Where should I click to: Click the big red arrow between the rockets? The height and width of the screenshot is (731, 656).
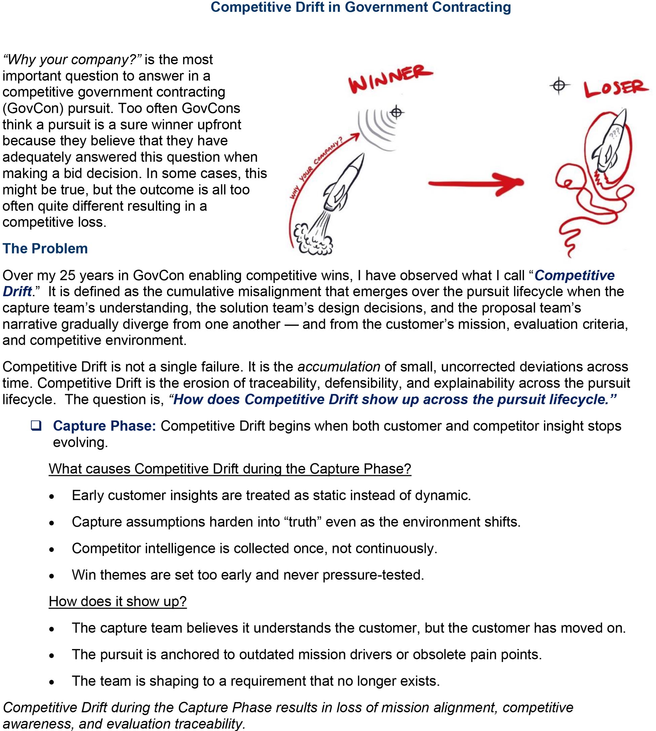pyautogui.click(x=476, y=184)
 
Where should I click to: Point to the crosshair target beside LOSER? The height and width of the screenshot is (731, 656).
pyautogui.click(x=559, y=86)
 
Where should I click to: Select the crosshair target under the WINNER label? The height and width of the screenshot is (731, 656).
pyautogui.click(x=396, y=112)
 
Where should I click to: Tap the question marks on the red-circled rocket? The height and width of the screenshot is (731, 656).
pyautogui.click(x=615, y=133)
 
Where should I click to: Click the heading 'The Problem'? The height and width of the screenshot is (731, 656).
pyautogui.click(x=45, y=249)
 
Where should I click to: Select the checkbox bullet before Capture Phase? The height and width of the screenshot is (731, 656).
pyautogui.click(x=36, y=426)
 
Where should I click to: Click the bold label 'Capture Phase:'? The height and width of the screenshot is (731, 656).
pyautogui.click(x=104, y=426)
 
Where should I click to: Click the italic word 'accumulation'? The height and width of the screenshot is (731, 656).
pyautogui.click(x=339, y=367)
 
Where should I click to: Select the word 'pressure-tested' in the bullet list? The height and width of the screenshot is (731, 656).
pyautogui.click(x=373, y=575)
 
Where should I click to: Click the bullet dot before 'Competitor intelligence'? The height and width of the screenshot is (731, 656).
pyautogui.click(x=52, y=550)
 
